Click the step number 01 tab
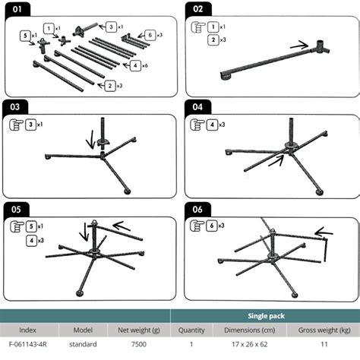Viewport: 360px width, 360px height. click(x=17, y=9)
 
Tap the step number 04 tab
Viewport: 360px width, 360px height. click(x=197, y=107)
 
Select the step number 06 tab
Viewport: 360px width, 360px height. click(x=197, y=210)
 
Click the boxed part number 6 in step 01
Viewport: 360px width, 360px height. click(x=150, y=35)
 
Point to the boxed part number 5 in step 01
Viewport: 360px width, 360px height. click(x=25, y=36)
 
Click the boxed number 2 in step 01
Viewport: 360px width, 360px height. click(x=110, y=86)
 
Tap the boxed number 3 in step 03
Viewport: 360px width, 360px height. click(x=31, y=125)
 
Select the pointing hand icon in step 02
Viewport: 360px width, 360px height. click(x=197, y=27)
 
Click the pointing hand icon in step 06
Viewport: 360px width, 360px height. click(x=197, y=226)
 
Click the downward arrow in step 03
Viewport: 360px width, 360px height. click(x=90, y=140)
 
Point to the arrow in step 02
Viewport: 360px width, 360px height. click(x=299, y=45)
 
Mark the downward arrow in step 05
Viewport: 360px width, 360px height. click(x=84, y=232)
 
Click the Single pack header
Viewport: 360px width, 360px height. click(x=266, y=316)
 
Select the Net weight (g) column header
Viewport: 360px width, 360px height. click(x=139, y=330)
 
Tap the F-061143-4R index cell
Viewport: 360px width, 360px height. click(x=28, y=344)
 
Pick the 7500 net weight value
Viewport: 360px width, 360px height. click(x=139, y=344)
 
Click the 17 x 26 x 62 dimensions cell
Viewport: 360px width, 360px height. click(x=250, y=344)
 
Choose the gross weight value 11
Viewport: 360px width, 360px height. click(x=324, y=344)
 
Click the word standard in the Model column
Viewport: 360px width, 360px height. click(x=83, y=344)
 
